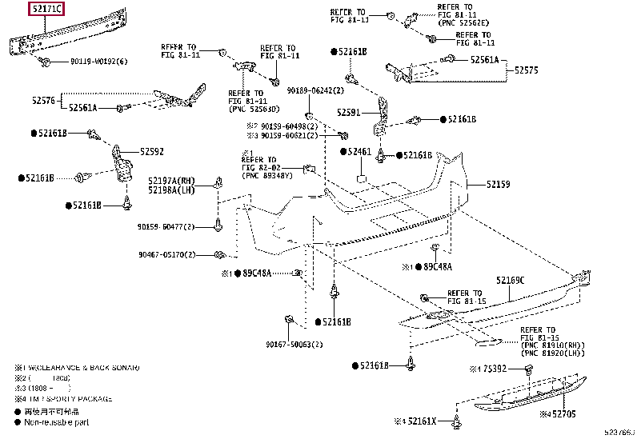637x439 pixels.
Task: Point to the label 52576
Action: tap(43, 100)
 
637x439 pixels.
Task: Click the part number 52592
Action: tap(152, 151)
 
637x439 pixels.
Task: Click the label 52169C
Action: tap(510, 280)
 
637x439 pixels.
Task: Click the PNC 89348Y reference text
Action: tap(270, 176)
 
